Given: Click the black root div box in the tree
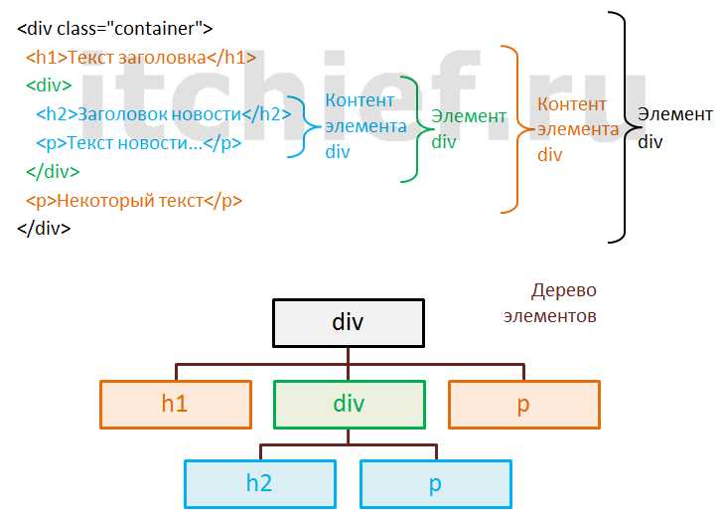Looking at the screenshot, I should pos(348,322).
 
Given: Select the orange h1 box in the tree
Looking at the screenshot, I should pos(176,404).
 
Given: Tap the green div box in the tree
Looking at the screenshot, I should pos(349,404).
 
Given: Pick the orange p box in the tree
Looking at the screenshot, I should pos(524,404).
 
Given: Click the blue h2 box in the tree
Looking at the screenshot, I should pos(260,484).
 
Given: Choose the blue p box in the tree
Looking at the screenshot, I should pos(435,484).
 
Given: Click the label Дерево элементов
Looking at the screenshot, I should pos(564,303).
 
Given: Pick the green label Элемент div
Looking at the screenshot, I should pos(468,128).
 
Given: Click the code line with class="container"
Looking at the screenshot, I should pos(115,29).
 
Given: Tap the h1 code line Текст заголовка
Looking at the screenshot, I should pos(141,57).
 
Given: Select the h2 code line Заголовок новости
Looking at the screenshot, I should pos(163,114).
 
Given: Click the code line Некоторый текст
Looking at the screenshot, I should pos(134,201).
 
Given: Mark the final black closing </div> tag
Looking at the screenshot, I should pos(44,229).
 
